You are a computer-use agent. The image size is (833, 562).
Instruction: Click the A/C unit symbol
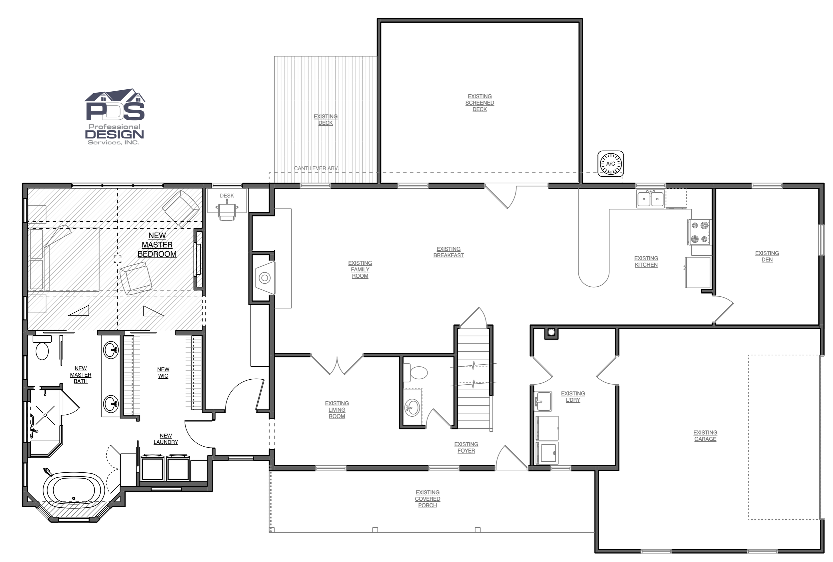click(610, 164)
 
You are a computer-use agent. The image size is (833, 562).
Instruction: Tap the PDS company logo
click(115, 116)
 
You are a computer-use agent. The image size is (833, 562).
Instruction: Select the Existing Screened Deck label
click(479, 103)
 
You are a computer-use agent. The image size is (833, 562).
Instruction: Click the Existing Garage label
click(705, 436)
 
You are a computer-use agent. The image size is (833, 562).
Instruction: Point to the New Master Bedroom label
click(157, 245)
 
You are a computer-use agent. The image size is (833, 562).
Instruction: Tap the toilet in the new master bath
click(42, 347)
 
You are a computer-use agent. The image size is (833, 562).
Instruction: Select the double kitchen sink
click(651, 199)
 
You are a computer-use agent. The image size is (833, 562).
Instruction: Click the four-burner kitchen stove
click(699, 232)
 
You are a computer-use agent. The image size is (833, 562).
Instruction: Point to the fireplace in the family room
click(265, 278)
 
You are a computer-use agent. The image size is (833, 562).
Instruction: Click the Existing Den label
click(767, 256)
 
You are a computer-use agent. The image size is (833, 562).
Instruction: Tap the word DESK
click(227, 196)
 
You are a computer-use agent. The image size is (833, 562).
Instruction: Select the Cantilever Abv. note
click(316, 168)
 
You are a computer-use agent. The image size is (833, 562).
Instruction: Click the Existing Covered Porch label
click(427, 499)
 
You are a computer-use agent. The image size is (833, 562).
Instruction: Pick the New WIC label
click(163, 372)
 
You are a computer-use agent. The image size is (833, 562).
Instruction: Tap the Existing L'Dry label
click(572, 397)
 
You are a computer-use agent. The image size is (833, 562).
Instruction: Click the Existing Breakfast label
click(448, 252)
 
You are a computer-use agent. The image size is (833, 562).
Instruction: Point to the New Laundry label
click(166, 439)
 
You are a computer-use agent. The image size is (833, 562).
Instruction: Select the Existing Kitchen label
click(646, 262)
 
